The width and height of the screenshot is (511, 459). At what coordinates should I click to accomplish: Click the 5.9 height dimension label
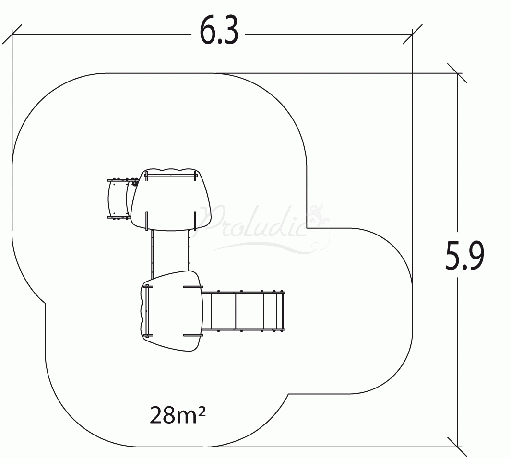[464, 256]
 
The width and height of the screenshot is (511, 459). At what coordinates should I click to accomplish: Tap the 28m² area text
[178, 415]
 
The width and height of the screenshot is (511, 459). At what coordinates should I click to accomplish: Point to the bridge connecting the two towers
[170, 251]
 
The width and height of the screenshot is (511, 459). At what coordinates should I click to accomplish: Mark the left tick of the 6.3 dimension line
[12, 34]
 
